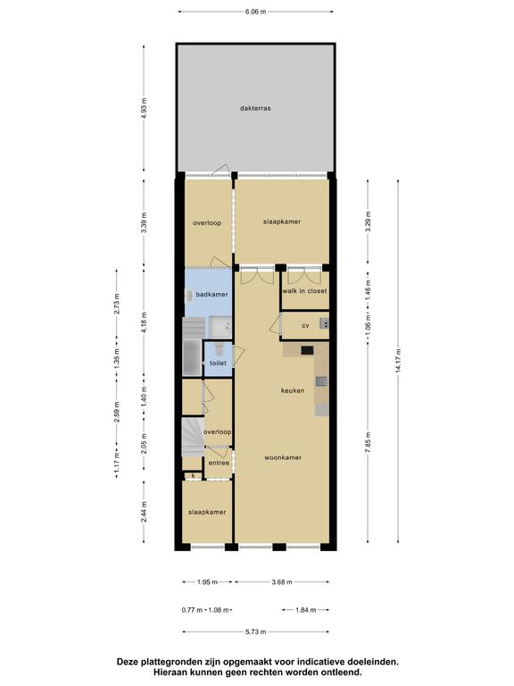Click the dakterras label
pos(255,108)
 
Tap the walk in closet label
pos(304,291)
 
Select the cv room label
pos(305,325)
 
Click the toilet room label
pos(218,364)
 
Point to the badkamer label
pos(211,295)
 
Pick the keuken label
pos(293,390)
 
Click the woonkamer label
pos(283,457)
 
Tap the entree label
pos(219,463)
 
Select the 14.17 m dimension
pos(398,361)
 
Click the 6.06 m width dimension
pos(256,12)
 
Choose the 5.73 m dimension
pos(256,632)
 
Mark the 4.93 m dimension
pos(145,108)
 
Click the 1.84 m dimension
pos(306,610)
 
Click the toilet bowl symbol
pos(219,348)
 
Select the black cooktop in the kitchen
pos(307,350)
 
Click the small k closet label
pos(193,475)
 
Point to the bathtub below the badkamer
pos(193,358)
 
